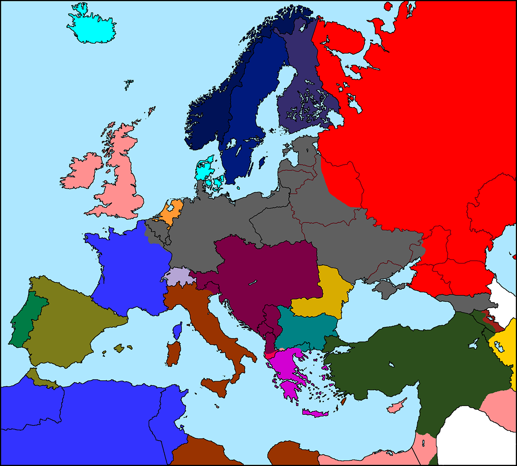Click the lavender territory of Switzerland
click(x=179, y=276)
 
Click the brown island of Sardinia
click(x=174, y=353)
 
